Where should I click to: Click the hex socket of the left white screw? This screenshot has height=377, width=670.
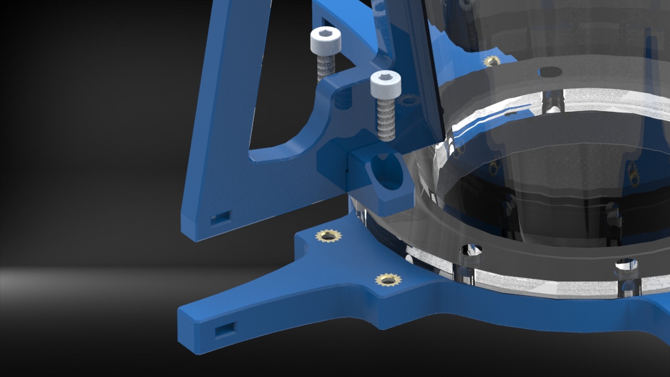click(x=324, y=35)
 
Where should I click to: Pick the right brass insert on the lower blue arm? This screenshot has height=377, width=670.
click(x=387, y=280)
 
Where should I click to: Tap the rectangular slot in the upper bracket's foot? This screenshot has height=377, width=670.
click(x=220, y=217)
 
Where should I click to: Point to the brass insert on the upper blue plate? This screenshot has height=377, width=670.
click(x=491, y=61)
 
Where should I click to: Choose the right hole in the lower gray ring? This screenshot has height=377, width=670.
click(x=627, y=265)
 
